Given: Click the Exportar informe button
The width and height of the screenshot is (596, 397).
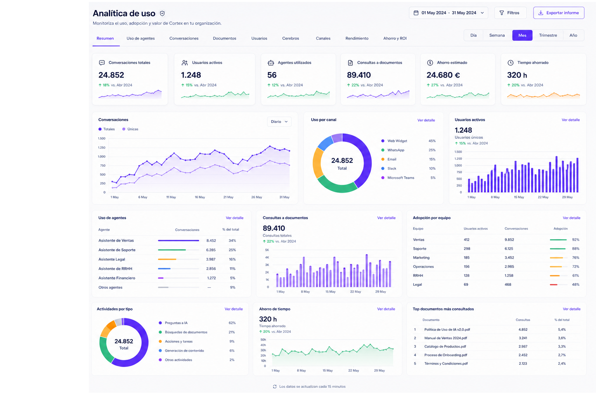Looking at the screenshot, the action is (x=558, y=13).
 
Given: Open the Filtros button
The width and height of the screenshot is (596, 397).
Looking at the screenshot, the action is (x=510, y=13).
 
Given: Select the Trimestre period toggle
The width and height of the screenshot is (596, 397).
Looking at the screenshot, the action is (x=548, y=35).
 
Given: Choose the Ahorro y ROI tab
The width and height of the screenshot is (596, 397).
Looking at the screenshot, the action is (x=395, y=38).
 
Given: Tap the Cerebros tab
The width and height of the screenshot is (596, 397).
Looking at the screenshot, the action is (x=291, y=38).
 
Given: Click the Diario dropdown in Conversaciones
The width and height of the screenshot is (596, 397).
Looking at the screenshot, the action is (x=279, y=121).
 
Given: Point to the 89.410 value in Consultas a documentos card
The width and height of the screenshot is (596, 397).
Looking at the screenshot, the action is (x=359, y=75).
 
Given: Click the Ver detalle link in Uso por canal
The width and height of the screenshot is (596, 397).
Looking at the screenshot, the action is (x=426, y=120).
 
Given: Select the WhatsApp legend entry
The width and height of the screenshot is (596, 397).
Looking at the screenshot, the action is (x=393, y=150).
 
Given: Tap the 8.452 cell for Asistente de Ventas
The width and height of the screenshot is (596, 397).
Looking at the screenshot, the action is (x=211, y=240).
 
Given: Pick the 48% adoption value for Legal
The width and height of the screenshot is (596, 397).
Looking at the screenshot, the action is (x=575, y=285).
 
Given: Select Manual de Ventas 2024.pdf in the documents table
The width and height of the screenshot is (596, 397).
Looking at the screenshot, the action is (x=446, y=338).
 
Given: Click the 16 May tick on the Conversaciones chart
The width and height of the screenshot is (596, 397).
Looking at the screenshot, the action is (x=200, y=197).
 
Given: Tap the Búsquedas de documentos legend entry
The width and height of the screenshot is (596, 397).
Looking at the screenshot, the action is (x=183, y=332).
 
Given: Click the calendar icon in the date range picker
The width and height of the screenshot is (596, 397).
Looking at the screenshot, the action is (x=416, y=13).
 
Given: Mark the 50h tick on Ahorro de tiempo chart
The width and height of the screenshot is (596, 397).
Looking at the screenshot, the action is (x=263, y=340).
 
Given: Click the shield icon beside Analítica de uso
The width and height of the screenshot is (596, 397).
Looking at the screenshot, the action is (x=162, y=13).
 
